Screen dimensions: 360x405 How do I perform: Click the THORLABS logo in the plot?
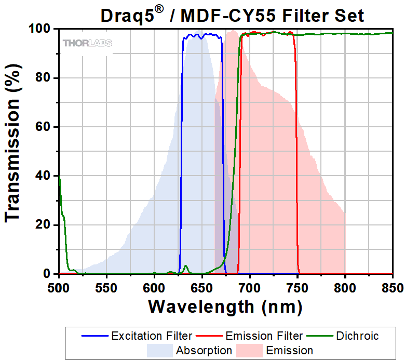pos(87,43)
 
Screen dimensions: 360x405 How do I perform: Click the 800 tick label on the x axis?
pos(345,286)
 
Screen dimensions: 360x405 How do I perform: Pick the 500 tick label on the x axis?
pos(59,286)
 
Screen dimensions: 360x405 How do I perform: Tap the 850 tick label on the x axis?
pos(392,286)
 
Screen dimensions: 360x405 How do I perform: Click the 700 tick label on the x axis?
pos(250,286)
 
